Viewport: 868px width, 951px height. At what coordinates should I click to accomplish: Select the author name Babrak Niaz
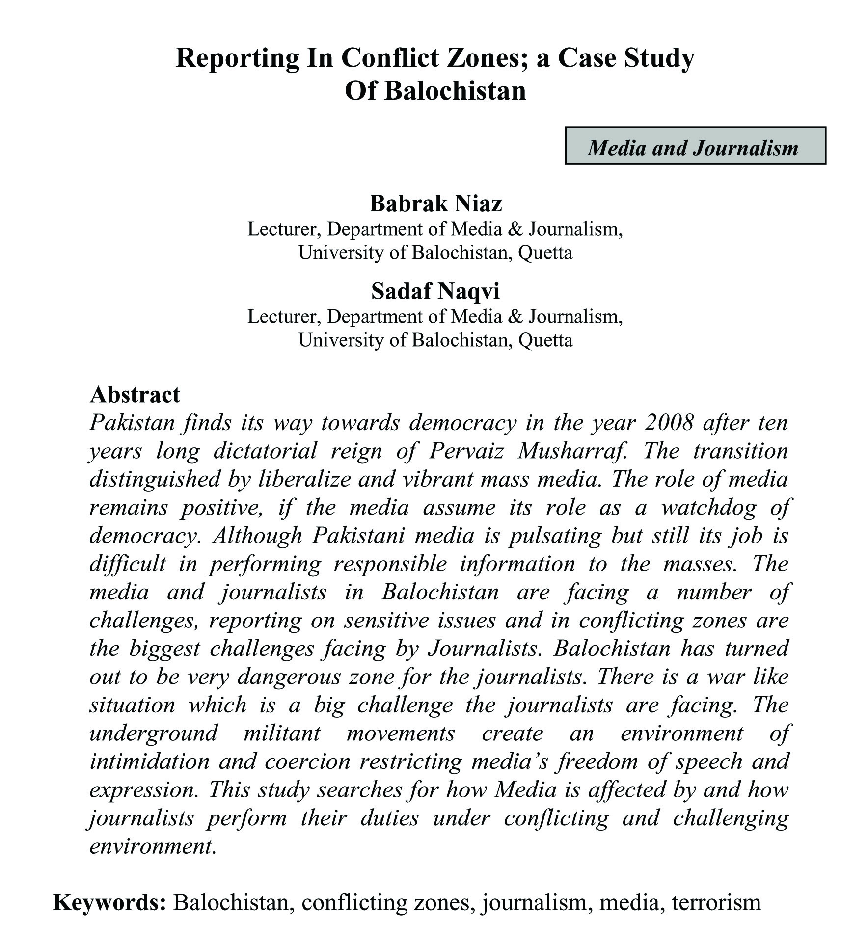click(x=435, y=203)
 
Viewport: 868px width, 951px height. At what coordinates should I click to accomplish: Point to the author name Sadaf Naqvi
click(x=435, y=291)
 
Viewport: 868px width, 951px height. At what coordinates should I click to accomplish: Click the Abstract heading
click(x=135, y=395)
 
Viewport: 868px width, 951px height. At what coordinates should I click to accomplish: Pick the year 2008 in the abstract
click(x=669, y=423)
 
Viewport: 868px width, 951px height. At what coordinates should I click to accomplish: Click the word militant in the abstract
click(x=282, y=733)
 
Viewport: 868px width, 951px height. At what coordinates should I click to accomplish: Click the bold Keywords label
click(x=109, y=902)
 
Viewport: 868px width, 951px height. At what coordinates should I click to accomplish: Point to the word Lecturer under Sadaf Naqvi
click(x=283, y=317)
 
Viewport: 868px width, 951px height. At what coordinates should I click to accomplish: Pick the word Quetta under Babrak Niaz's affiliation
click(x=545, y=253)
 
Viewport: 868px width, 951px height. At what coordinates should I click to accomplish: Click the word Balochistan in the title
click(x=455, y=91)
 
